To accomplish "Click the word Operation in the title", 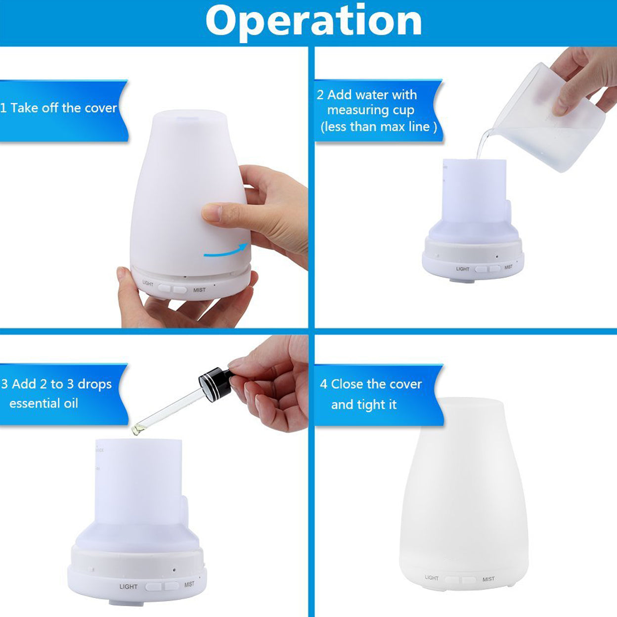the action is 313,22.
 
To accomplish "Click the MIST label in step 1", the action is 199,290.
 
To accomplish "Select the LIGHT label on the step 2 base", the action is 463,269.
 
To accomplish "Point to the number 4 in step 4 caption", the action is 323,384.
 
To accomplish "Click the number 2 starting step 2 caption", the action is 320,95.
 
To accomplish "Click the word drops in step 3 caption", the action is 94,385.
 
